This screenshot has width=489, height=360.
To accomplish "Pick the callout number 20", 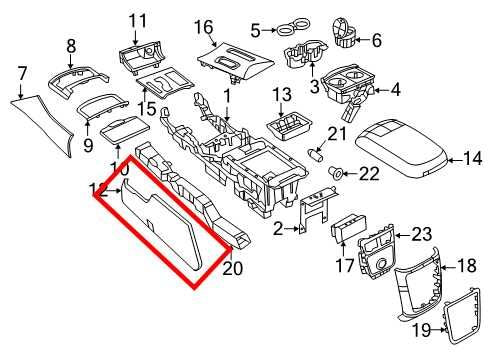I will pyautogui.click(x=233, y=267).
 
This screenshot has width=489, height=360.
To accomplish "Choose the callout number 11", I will pyautogui.click(x=137, y=19).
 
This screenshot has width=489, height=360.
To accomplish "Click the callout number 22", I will pyautogui.click(x=369, y=174).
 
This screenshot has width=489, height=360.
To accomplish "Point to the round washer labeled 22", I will pyautogui.click(x=336, y=173).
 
